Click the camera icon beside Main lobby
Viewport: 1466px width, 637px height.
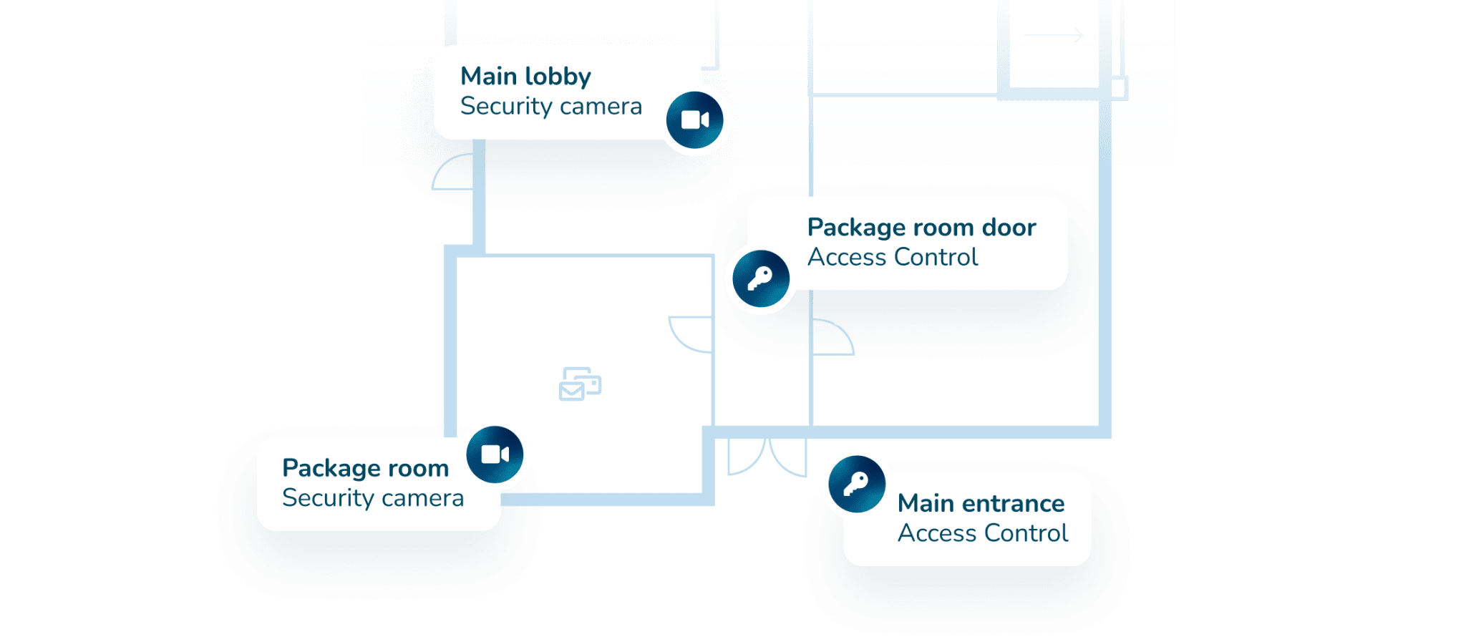pyautogui.click(x=694, y=120)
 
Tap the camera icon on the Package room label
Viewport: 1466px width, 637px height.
pyautogui.click(x=495, y=454)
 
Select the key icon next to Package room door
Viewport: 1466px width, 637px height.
pyautogui.click(x=760, y=278)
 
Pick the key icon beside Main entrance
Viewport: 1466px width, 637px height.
pyautogui.click(x=856, y=484)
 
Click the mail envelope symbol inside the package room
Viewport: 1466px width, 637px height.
pyautogui.click(x=579, y=384)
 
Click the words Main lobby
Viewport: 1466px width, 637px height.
pyautogui.click(x=525, y=76)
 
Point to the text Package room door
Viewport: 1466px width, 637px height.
pyautogui.click(x=921, y=227)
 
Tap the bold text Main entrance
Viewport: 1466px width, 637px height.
pyautogui.click(x=981, y=503)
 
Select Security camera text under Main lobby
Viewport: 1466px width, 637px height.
pyautogui.click(x=550, y=106)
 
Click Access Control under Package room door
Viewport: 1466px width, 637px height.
pyautogui.click(x=892, y=257)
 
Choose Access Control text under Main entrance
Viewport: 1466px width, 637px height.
pyautogui.click(x=982, y=533)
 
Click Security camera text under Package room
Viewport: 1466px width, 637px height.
pyautogui.click(x=372, y=497)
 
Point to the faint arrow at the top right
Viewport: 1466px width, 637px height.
pyautogui.click(x=1053, y=35)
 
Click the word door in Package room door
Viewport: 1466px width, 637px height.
pyautogui.click(x=1009, y=227)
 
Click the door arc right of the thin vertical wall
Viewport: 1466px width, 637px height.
pyautogui.click(x=833, y=337)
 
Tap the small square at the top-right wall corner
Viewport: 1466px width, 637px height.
pyautogui.click(x=1119, y=88)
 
